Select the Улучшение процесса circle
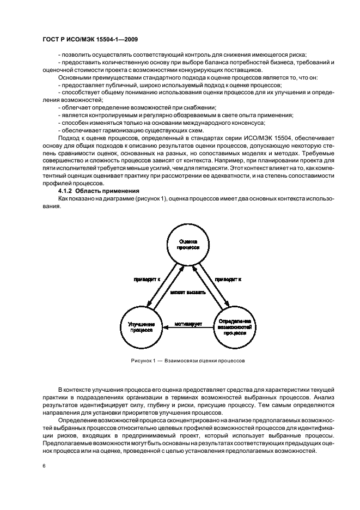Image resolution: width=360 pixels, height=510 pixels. (x=141, y=327)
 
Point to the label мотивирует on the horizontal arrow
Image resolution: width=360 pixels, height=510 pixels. (x=189, y=324)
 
